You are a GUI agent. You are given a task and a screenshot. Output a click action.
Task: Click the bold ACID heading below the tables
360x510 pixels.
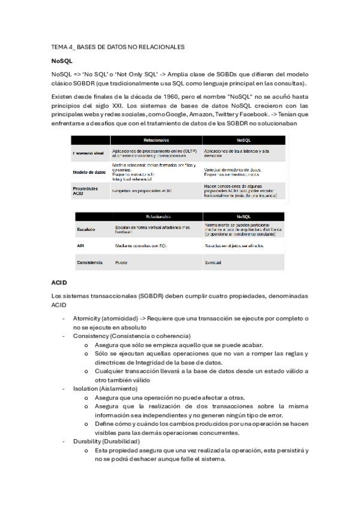click(x=59, y=281)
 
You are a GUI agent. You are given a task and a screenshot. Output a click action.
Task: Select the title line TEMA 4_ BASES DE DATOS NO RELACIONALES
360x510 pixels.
click(x=118, y=46)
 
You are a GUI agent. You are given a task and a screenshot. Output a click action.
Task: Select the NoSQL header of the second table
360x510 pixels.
click(x=243, y=217)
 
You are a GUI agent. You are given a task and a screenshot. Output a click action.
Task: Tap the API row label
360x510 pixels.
click(x=81, y=246)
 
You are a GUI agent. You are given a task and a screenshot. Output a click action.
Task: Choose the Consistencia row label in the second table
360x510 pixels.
click(x=90, y=262)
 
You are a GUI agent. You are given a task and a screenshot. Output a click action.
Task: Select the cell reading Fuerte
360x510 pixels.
click(x=121, y=263)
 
